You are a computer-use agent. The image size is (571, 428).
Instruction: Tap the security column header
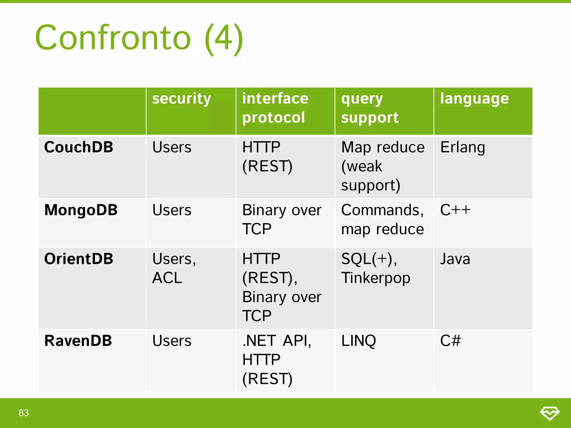click(182, 99)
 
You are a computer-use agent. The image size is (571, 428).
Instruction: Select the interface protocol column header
click(275, 108)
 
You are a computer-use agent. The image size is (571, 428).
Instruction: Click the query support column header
click(370, 108)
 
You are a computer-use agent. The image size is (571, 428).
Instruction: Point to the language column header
click(474, 99)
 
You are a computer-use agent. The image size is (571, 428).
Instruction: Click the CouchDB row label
click(79, 147)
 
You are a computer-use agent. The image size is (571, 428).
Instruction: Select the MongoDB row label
click(81, 210)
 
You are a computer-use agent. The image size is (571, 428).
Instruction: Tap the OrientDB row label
click(79, 259)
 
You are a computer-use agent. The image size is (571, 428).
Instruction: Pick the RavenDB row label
click(78, 341)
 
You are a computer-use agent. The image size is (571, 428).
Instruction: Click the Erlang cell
click(463, 147)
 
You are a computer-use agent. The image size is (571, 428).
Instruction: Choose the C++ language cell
click(455, 210)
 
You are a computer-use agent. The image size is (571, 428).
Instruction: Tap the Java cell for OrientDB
click(455, 259)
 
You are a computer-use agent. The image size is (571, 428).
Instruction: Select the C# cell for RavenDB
click(450, 341)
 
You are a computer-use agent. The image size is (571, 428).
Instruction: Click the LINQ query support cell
click(359, 341)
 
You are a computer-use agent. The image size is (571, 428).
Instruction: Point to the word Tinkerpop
click(376, 278)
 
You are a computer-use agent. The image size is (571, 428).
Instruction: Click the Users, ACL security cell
click(174, 268)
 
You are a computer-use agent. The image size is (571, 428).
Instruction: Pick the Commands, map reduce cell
click(382, 220)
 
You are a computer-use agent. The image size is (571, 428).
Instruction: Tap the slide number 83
click(24, 413)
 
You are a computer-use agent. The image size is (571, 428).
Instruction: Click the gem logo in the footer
click(550, 413)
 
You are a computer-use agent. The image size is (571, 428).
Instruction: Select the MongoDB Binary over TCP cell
click(282, 220)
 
